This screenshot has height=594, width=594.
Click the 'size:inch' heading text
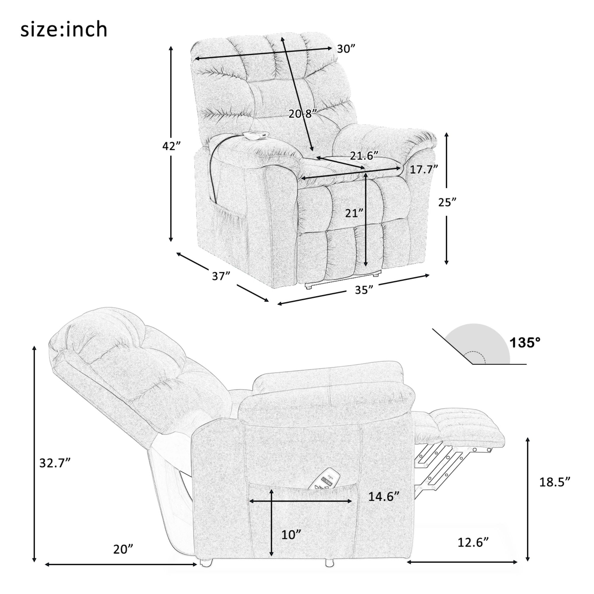[x=64, y=30]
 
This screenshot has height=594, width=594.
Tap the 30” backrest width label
[x=346, y=49]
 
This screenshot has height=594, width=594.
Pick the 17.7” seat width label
[x=424, y=169]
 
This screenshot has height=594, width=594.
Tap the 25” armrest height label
[x=447, y=202]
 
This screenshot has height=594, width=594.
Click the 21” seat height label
[x=354, y=213]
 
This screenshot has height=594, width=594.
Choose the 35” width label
[x=364, y=290]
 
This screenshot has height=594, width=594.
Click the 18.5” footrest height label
[x=555, y=490]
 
